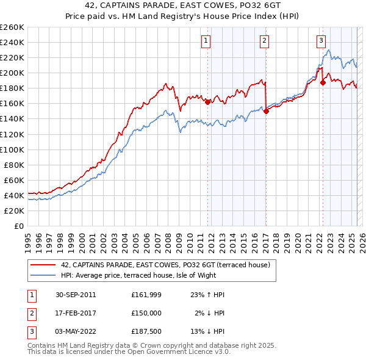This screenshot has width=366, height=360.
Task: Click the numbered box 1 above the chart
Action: click(207, 41)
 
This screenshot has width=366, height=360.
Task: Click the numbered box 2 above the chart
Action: click(265, 41)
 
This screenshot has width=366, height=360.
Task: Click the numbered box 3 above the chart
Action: click(321, 41)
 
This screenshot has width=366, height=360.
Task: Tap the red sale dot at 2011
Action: click(207, 102)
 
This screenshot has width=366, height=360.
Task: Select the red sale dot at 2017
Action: click(266, 111)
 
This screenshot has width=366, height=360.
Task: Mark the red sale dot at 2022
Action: click(323, 82)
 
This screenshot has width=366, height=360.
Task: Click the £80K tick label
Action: click(14, 165)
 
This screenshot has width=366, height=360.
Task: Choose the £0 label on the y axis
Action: click(19, 226)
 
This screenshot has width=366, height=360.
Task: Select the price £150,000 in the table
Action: click(146, 313)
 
